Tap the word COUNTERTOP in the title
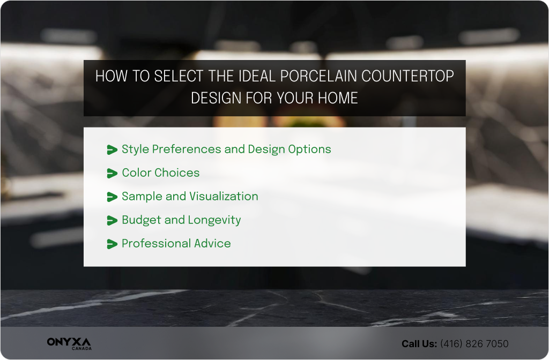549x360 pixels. point(407,76)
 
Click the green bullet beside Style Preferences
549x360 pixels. point(112,149)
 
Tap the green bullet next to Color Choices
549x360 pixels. point(112,173)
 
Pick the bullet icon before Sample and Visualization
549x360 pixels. point(112,197)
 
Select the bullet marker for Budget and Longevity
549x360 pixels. point(112,220)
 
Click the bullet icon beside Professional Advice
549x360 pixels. point(112,244)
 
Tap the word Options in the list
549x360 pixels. point(310,149)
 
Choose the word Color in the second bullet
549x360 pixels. point(138,172)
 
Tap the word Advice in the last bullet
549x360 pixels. point(213,243)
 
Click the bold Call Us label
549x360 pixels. point(419,344)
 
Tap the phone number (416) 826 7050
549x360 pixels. point(474,344)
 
